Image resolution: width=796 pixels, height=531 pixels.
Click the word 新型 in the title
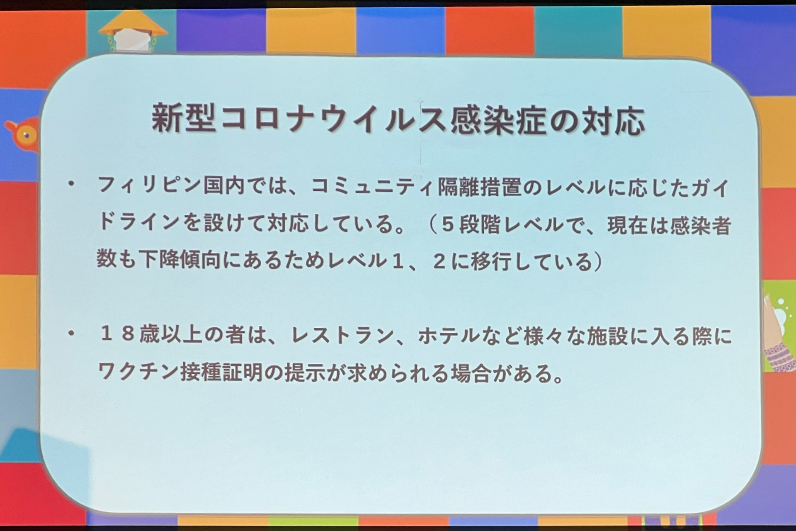point(183,119)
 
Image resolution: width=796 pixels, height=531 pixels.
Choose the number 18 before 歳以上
point(117,334)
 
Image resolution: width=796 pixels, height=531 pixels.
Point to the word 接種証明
point(222,372)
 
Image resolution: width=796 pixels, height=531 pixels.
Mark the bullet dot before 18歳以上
point(72,333)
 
